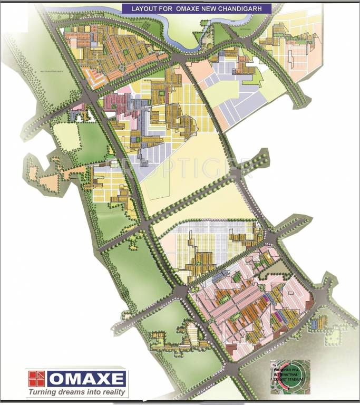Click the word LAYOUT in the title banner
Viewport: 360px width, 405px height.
pyautogui.click(x=135, y=9)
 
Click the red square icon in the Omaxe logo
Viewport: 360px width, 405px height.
pyautogui.click(x=37, y=379)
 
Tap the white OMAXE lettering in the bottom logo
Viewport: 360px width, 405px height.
pyautogui.click(x=86, y=379)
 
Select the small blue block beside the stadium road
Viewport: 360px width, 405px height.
pyautogui.click(x=315, y=322)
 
